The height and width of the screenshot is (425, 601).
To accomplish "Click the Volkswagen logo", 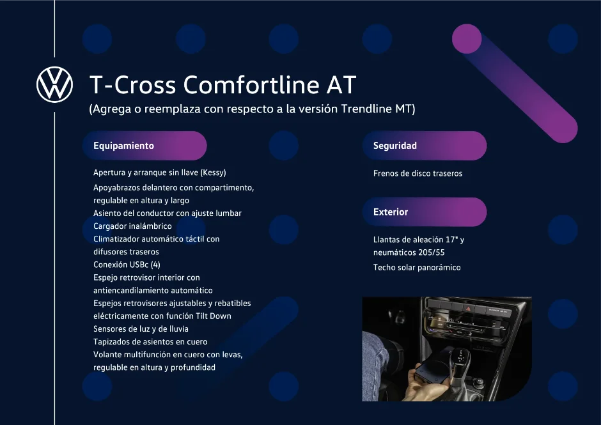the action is point(54,84).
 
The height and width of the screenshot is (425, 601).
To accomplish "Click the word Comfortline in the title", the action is point(251,84).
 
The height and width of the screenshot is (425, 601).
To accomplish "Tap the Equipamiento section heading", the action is point(123,146).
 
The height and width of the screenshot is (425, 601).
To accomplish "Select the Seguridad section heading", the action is point(394,146).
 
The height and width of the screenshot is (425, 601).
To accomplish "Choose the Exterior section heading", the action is point(391,212).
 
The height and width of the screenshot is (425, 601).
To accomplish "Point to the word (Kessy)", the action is point(214,173).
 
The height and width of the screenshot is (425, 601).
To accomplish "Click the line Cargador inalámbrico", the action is point(132,226).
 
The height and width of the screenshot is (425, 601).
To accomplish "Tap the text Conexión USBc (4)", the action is point(127,265).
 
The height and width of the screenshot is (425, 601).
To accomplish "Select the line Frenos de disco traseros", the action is point(418,173).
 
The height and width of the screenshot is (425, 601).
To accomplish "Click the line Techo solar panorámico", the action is point(417,267).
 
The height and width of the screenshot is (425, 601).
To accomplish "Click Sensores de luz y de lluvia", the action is point(141,328).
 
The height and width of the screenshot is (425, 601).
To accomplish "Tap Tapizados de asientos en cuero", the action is point(150,341).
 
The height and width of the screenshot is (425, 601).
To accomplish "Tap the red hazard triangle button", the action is point(469,308).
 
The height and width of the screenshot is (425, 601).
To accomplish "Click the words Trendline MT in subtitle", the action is point(377,109).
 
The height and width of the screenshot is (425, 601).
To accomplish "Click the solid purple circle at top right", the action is point(467,39).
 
